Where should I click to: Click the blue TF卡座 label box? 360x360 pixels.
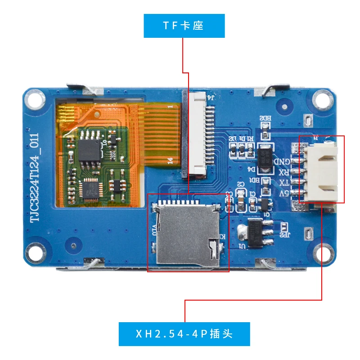tap(184, 26)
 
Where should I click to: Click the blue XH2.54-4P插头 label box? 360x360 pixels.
tap(184, 334)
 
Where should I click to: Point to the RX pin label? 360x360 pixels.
tap(284, 172)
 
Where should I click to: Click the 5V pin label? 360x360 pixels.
tap(284, 193)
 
